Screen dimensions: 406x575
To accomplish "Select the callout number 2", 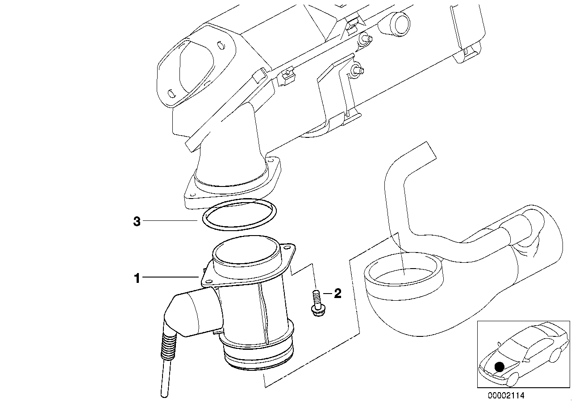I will pyautogui.click(x=337, y=294).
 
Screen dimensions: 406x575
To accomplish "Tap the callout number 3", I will pyautogui.click(x=137, y=221).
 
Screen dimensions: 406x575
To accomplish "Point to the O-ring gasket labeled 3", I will pyautogui.click(x=239, y=215).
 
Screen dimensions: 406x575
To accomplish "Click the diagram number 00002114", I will pyautogui.click(x=507, y=395).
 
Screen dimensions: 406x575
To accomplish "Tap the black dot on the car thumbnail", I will pyautogui.click(x=500, y=367).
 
